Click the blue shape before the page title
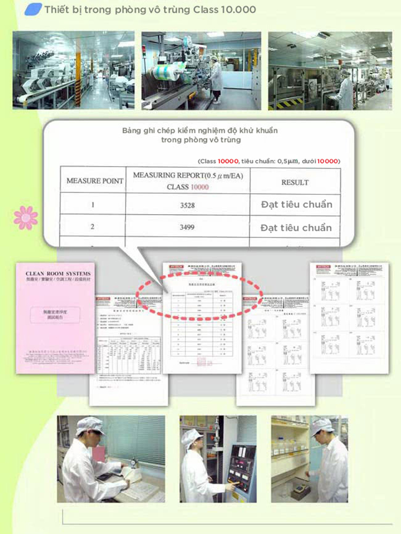33,9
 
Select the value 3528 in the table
188,204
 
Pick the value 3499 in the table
188,227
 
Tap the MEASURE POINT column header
95,181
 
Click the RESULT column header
295,182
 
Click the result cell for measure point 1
296,204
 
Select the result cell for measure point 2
296,227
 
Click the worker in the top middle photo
216,77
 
